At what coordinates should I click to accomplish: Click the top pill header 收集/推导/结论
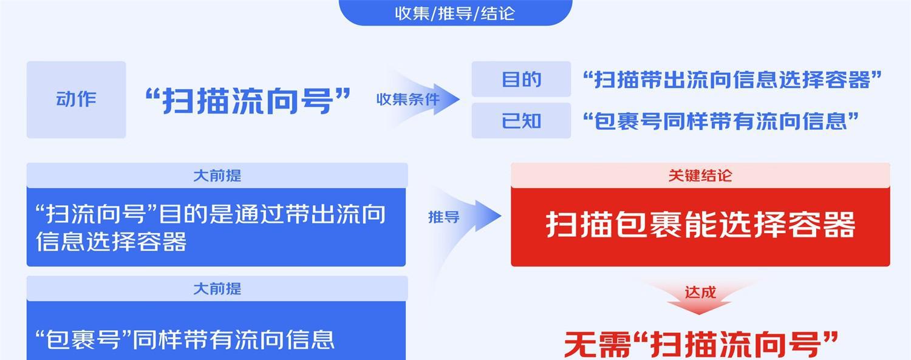point(455,13)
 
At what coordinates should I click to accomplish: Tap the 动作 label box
point(76,100)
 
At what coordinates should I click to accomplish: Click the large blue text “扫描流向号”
point(248,100)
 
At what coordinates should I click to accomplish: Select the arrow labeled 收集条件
point(419,99)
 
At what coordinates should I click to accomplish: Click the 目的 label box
point(521,79)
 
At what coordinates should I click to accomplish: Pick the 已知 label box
point(521,121)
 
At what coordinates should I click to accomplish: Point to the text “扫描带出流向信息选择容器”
point(732,80)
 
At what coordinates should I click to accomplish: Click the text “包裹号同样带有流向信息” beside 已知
point(721,121)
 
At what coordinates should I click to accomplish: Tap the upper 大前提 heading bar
point(217,175)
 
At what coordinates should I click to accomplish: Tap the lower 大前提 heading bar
point(217,288)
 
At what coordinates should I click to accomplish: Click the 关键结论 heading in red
point(700,175)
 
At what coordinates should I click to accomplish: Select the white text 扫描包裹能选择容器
point(700,224)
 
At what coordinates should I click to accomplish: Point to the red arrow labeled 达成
point(700,297)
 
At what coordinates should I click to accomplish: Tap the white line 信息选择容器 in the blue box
point(111,242)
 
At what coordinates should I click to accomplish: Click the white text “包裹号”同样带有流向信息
point(185,340)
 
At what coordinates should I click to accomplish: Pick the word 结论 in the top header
point(498,13)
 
